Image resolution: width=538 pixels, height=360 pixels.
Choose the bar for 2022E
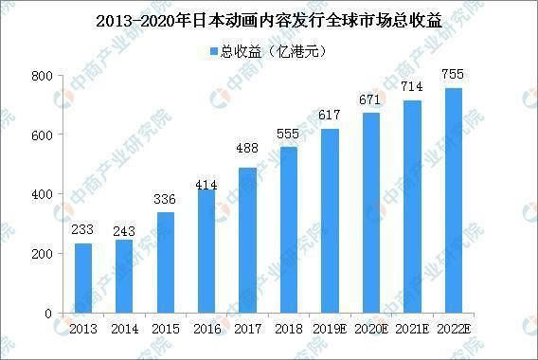[x=454, y=201]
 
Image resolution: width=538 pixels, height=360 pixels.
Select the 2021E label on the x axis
[x=413, y=328]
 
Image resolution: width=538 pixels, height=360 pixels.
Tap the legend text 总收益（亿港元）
[x=276, y=49]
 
